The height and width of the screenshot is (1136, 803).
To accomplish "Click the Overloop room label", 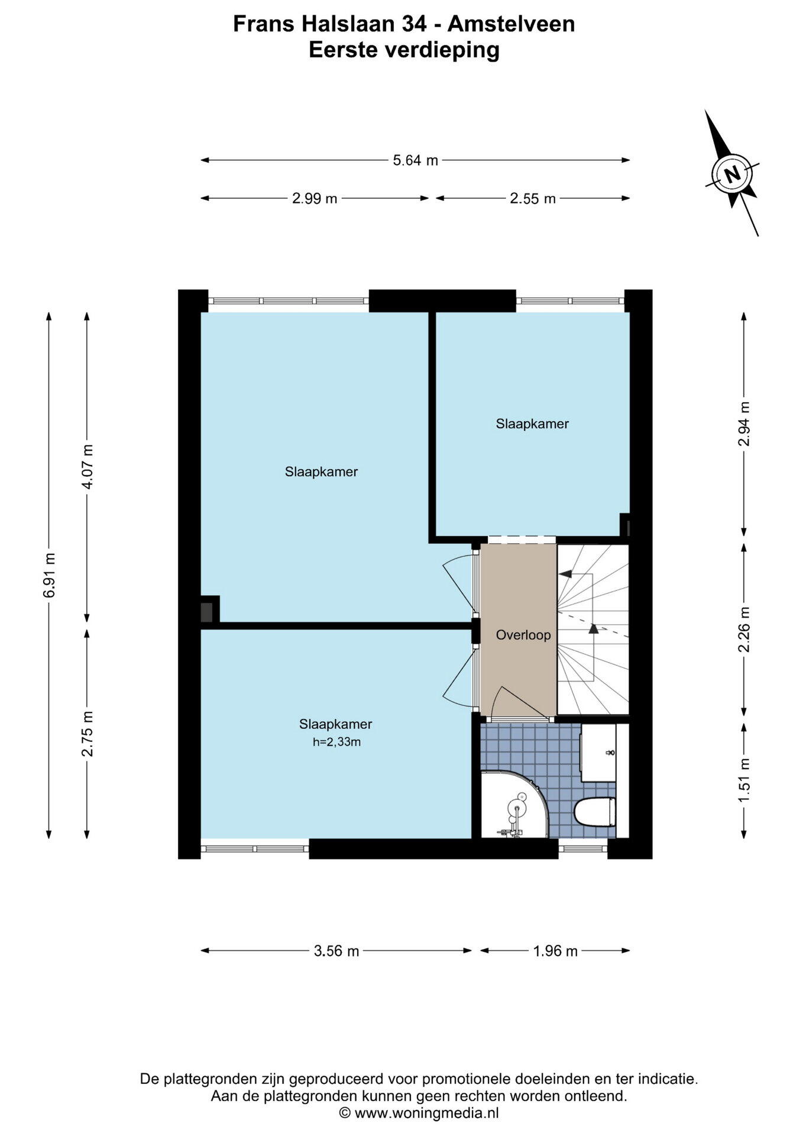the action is [x=523, y=635].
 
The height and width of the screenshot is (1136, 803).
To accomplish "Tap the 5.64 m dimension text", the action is [x=416, y=160].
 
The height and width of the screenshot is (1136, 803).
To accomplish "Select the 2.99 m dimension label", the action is [x=315, y=198].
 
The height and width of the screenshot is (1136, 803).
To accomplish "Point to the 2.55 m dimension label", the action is [x=533, y=198].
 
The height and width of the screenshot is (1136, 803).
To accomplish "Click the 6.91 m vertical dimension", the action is [x=49, y=575].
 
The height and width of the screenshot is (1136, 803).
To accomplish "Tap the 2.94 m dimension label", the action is [x=744, y=424].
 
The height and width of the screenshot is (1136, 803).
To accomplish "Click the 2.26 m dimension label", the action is [x=744, y=630].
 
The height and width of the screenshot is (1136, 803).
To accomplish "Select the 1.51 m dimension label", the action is [x=744, y=780].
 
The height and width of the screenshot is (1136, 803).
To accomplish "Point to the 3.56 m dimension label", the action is [x=336, y=951].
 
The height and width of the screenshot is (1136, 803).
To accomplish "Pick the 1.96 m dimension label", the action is [x=555, y=951].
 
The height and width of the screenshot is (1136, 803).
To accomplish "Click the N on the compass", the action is [x=733, y=174].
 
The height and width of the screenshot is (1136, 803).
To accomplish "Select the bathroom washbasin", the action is [x=598, y=753].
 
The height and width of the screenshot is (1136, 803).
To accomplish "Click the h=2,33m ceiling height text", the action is [x=336, y=742].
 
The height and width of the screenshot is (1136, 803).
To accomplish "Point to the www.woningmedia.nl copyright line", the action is [x=419, y=1113].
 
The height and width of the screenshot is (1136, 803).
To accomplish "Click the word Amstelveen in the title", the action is [x=511, y=24].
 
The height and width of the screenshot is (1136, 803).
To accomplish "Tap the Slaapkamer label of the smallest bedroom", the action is [x=532, y=424].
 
